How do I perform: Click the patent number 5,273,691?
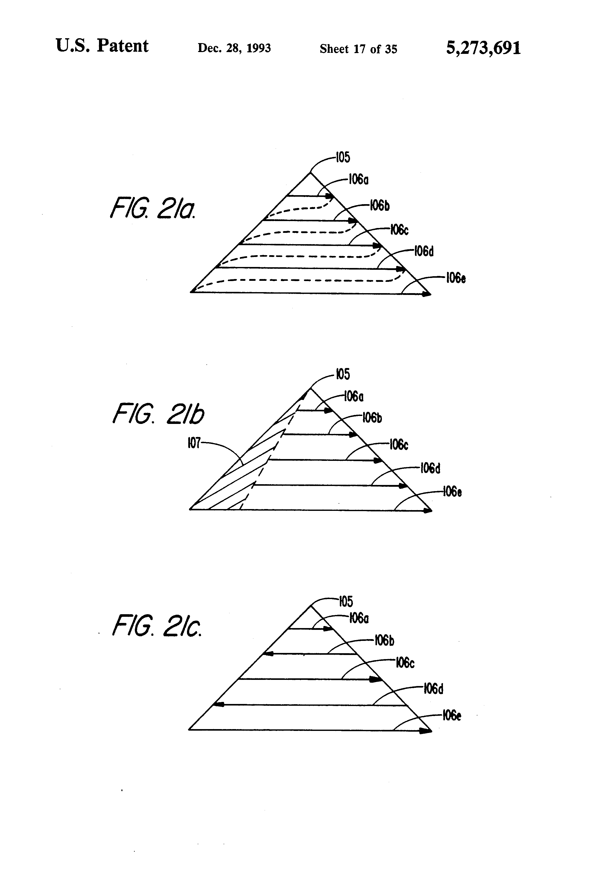tap(483, 48)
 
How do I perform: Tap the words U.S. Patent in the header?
tap(102, 46)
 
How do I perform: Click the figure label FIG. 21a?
tap(152, 209)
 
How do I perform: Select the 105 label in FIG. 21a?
tap(343, 157)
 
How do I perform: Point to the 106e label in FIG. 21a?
tap(455, 278)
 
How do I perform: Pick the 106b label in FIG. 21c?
tap(384, 640)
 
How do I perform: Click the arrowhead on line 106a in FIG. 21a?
tap(330, 196)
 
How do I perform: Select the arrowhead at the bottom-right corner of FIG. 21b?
tap(428, 510)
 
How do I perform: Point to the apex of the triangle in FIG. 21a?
tap(310, 172)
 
